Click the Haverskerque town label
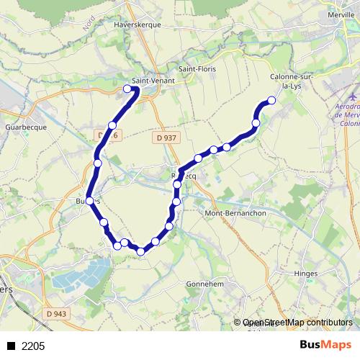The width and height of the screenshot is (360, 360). pos(136,23)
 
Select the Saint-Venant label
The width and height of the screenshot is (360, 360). pos(150,81)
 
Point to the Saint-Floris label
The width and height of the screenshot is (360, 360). pos(198,69)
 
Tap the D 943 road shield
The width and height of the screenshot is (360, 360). pos(55,313)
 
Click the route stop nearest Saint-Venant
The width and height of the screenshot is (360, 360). pos(127,89)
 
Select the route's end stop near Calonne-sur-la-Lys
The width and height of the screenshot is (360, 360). pos(271,101)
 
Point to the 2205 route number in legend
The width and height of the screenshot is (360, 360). pos(33,346)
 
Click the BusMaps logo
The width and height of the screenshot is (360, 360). pos(325,346)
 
